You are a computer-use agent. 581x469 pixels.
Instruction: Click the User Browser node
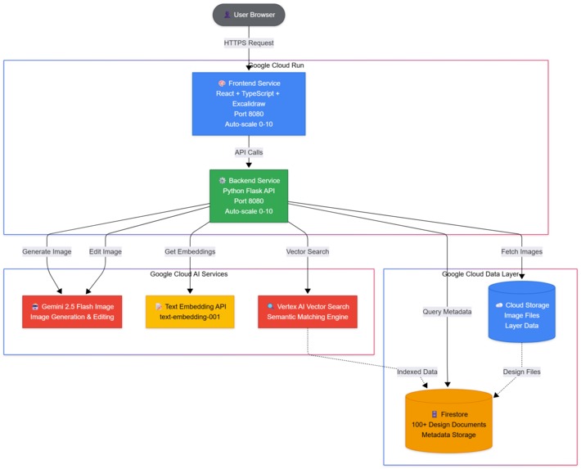click(x=249, y=15)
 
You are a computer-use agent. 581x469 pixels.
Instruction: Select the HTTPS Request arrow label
click(x=249, y=43)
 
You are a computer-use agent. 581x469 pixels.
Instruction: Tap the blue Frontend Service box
click(x=249, y=103)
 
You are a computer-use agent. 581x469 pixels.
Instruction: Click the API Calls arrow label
click(x=249, y=152)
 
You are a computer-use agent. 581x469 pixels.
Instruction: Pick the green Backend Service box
click(x=249, y=196)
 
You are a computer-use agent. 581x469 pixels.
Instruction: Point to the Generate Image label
click(x=47, y=251)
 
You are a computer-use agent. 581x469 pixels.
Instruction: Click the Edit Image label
click(x=106, y=251)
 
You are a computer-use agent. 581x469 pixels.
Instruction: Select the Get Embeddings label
click(x=190, y=251)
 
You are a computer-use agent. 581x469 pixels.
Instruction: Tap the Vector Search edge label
click(x=308, y=251)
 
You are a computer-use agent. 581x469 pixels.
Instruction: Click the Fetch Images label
click(x=522, y=251)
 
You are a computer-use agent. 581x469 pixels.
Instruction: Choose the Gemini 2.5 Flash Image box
click(x=72, y=311)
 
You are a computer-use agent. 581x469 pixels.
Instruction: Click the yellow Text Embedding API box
click(x=190, y=311)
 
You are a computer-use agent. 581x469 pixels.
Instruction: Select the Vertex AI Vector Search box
click(x=308, y=311)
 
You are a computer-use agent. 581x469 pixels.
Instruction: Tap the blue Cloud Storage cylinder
click(x=522, y=312)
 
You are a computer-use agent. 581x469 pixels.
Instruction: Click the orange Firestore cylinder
click(x=449, y=419)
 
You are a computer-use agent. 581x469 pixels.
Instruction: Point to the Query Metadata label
click(x=447, y=311)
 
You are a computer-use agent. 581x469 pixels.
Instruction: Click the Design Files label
click(x=521, y=372)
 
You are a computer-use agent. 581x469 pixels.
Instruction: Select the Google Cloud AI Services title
click(x=189, y=274)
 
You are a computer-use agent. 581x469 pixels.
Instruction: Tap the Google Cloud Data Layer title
click(x=480, y=274)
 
